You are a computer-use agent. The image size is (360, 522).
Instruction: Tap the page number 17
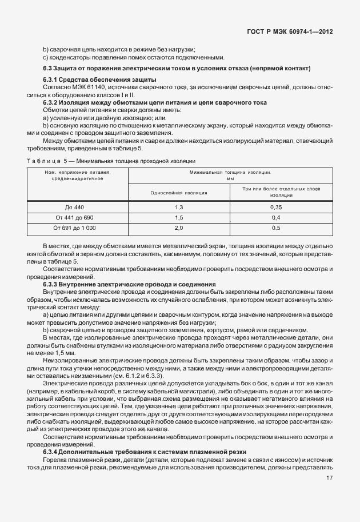(x=329, y=478)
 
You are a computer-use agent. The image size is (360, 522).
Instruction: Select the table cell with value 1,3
(x=178, y=206)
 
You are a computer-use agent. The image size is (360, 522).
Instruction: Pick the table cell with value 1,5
(x=178, y=217)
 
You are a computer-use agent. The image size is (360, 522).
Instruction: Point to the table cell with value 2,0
(x=178, y=228)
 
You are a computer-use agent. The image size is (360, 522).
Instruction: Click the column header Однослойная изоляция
(x=178, y=193)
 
